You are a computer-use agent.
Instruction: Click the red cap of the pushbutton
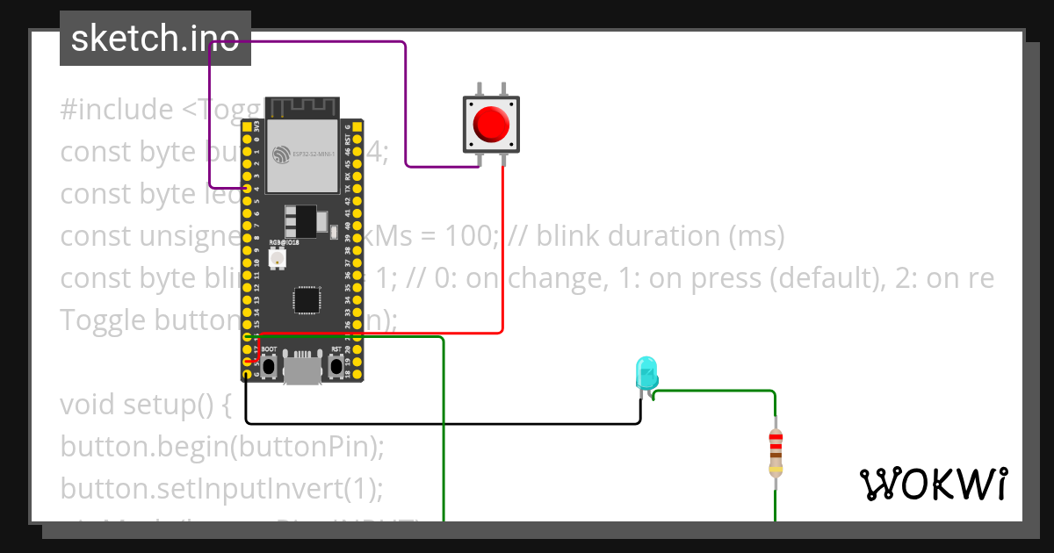tap(490, 124)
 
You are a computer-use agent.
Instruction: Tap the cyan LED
tap(646, 372)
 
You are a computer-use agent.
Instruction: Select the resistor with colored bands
tap(775, 452)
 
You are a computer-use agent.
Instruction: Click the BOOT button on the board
tap(270, 366)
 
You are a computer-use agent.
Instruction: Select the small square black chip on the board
tap(307, 299)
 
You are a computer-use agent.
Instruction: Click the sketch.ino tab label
tap(155, 39)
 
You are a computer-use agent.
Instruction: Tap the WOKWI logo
tap(932, 484)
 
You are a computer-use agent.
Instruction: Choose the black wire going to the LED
tap(439, 424)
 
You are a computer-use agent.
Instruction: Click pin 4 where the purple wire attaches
tap(247, 188)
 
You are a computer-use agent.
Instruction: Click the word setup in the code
tap(170, 405)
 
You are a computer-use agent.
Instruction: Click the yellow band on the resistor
tap(775, 470)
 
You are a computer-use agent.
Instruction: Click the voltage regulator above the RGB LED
tap(301, 218)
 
